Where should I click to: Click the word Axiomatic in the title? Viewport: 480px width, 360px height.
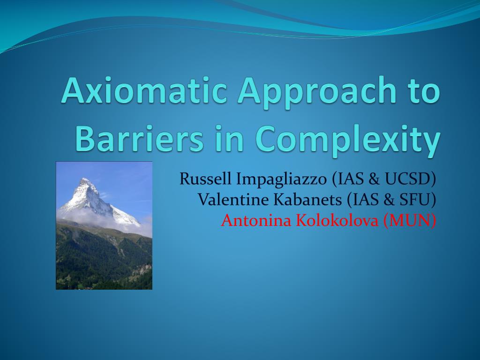144,90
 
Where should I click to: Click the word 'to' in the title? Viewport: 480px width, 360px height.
423,90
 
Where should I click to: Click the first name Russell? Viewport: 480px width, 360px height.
205,179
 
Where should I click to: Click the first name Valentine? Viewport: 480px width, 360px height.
233,200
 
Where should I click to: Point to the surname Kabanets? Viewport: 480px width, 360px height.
307,200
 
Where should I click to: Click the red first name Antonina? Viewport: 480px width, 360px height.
256,220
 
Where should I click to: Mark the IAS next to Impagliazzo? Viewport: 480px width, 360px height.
352,179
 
